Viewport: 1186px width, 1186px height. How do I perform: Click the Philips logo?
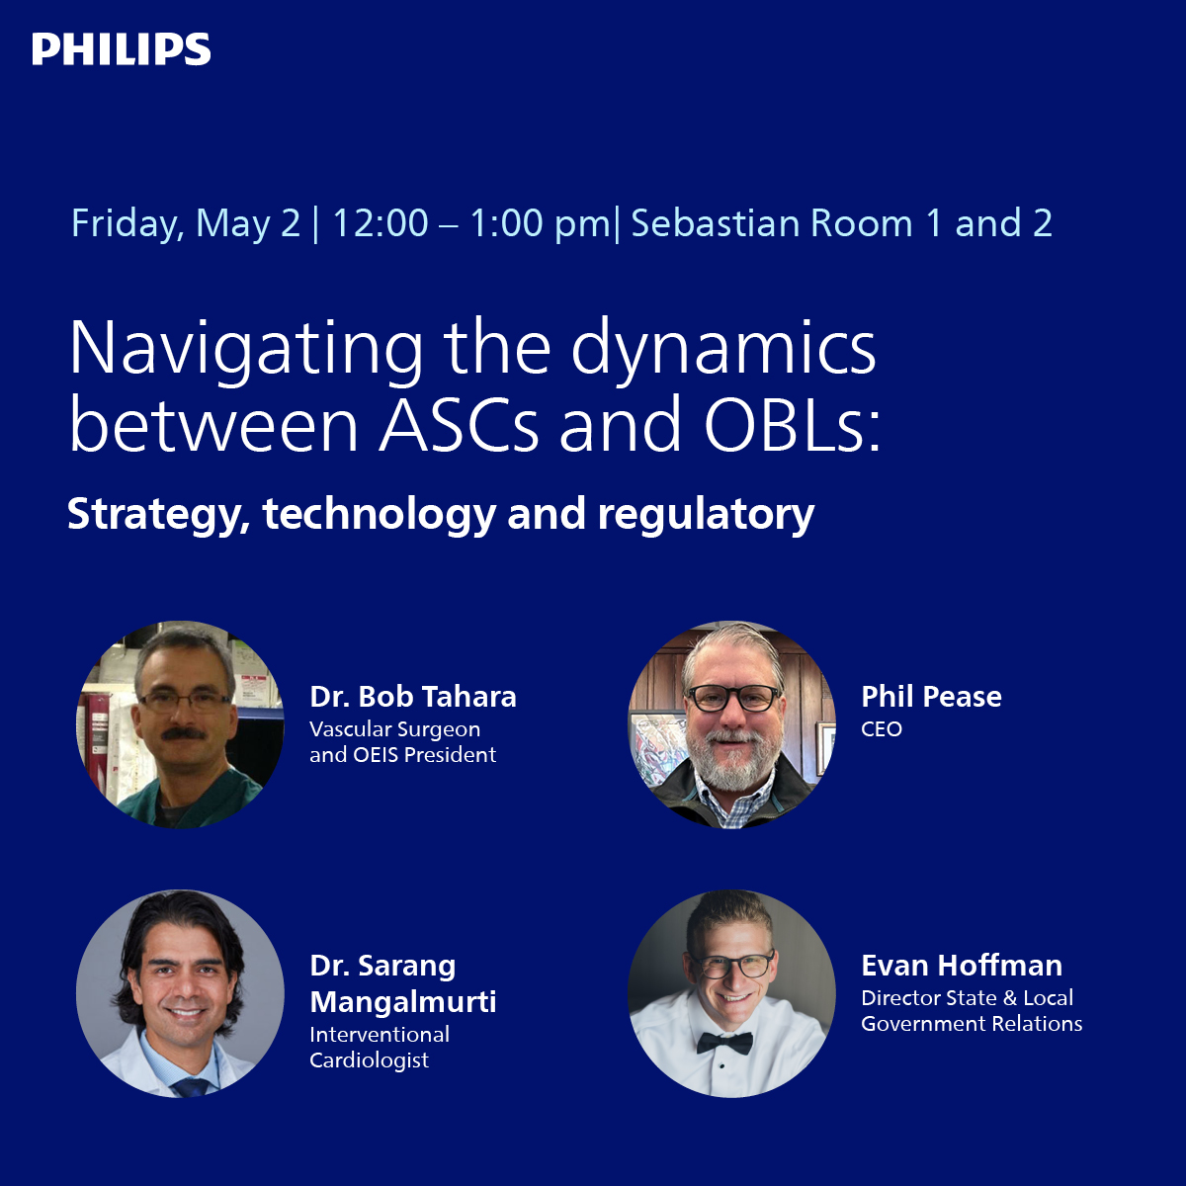click(121, 49)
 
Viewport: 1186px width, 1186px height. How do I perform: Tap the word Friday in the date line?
click(126, 224)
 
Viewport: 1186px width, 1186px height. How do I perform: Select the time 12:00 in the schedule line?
click(380, 224)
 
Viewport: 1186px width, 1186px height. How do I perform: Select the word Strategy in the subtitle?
click(157, 515)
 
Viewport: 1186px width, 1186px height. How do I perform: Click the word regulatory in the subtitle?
click(706, 515)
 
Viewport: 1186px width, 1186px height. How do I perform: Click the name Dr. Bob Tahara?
click(413, 697)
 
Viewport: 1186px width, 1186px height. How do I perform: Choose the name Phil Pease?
click(931, 697)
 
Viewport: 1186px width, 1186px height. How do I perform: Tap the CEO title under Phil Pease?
click(882, 729)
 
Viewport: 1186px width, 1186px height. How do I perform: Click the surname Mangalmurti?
click(403, 1001)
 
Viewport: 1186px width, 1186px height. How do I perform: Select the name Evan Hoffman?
click(962, 966)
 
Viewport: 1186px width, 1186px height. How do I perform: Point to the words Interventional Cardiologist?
click(380, 1048)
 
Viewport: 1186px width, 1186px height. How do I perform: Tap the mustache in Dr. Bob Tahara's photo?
click(183, 734)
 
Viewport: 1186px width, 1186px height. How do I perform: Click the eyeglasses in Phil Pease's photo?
click(732, 698)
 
